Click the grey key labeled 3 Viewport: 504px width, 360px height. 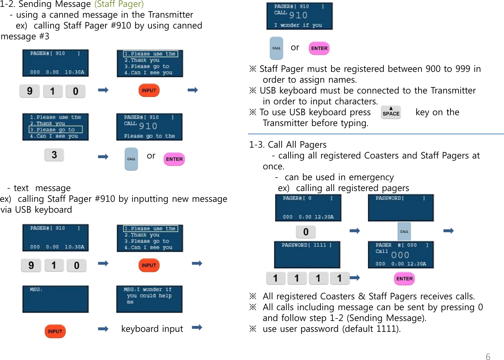(54, 155)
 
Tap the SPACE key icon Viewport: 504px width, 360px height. (391, 112)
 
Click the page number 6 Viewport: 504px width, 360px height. (488, 356)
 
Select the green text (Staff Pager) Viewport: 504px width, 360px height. (119, 4)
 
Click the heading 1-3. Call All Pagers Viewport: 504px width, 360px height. (288, 145)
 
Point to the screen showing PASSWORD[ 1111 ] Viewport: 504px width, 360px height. (307, 255)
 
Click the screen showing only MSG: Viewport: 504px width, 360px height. (55, 299)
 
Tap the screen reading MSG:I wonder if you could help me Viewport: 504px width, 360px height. (149, 299)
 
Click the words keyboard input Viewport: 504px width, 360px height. (152, 329)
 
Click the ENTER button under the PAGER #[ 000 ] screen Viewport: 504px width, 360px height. (404, 279)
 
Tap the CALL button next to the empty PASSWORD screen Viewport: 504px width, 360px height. (404, 231)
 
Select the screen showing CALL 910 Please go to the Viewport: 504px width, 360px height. (149, 127)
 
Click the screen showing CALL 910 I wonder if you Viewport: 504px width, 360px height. (299, 16)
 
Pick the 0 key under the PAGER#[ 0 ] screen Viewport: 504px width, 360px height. (306, 232)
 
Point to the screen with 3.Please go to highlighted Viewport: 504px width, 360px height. (55, 127)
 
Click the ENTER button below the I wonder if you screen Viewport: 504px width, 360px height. (319, 48)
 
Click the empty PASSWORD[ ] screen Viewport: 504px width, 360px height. (401, 208)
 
